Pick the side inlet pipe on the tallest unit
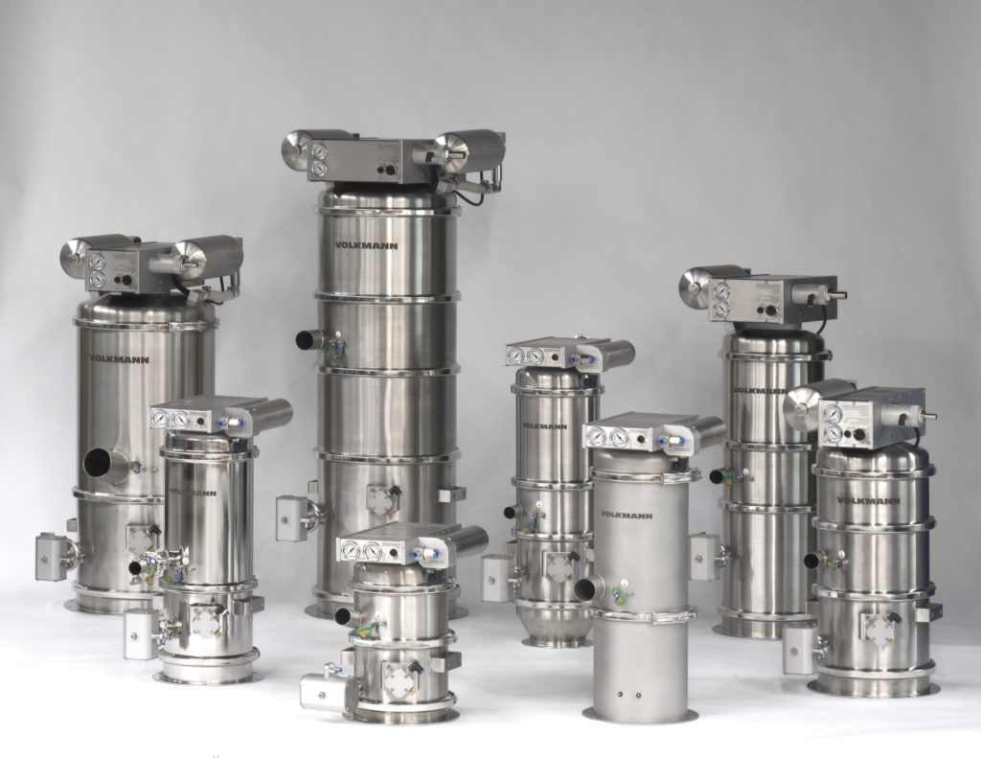click(309, 339)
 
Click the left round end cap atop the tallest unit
click(293, 150)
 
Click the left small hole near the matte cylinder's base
click(621, 692)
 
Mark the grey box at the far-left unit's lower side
click(50, 556)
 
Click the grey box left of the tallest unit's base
click(290, 517)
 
